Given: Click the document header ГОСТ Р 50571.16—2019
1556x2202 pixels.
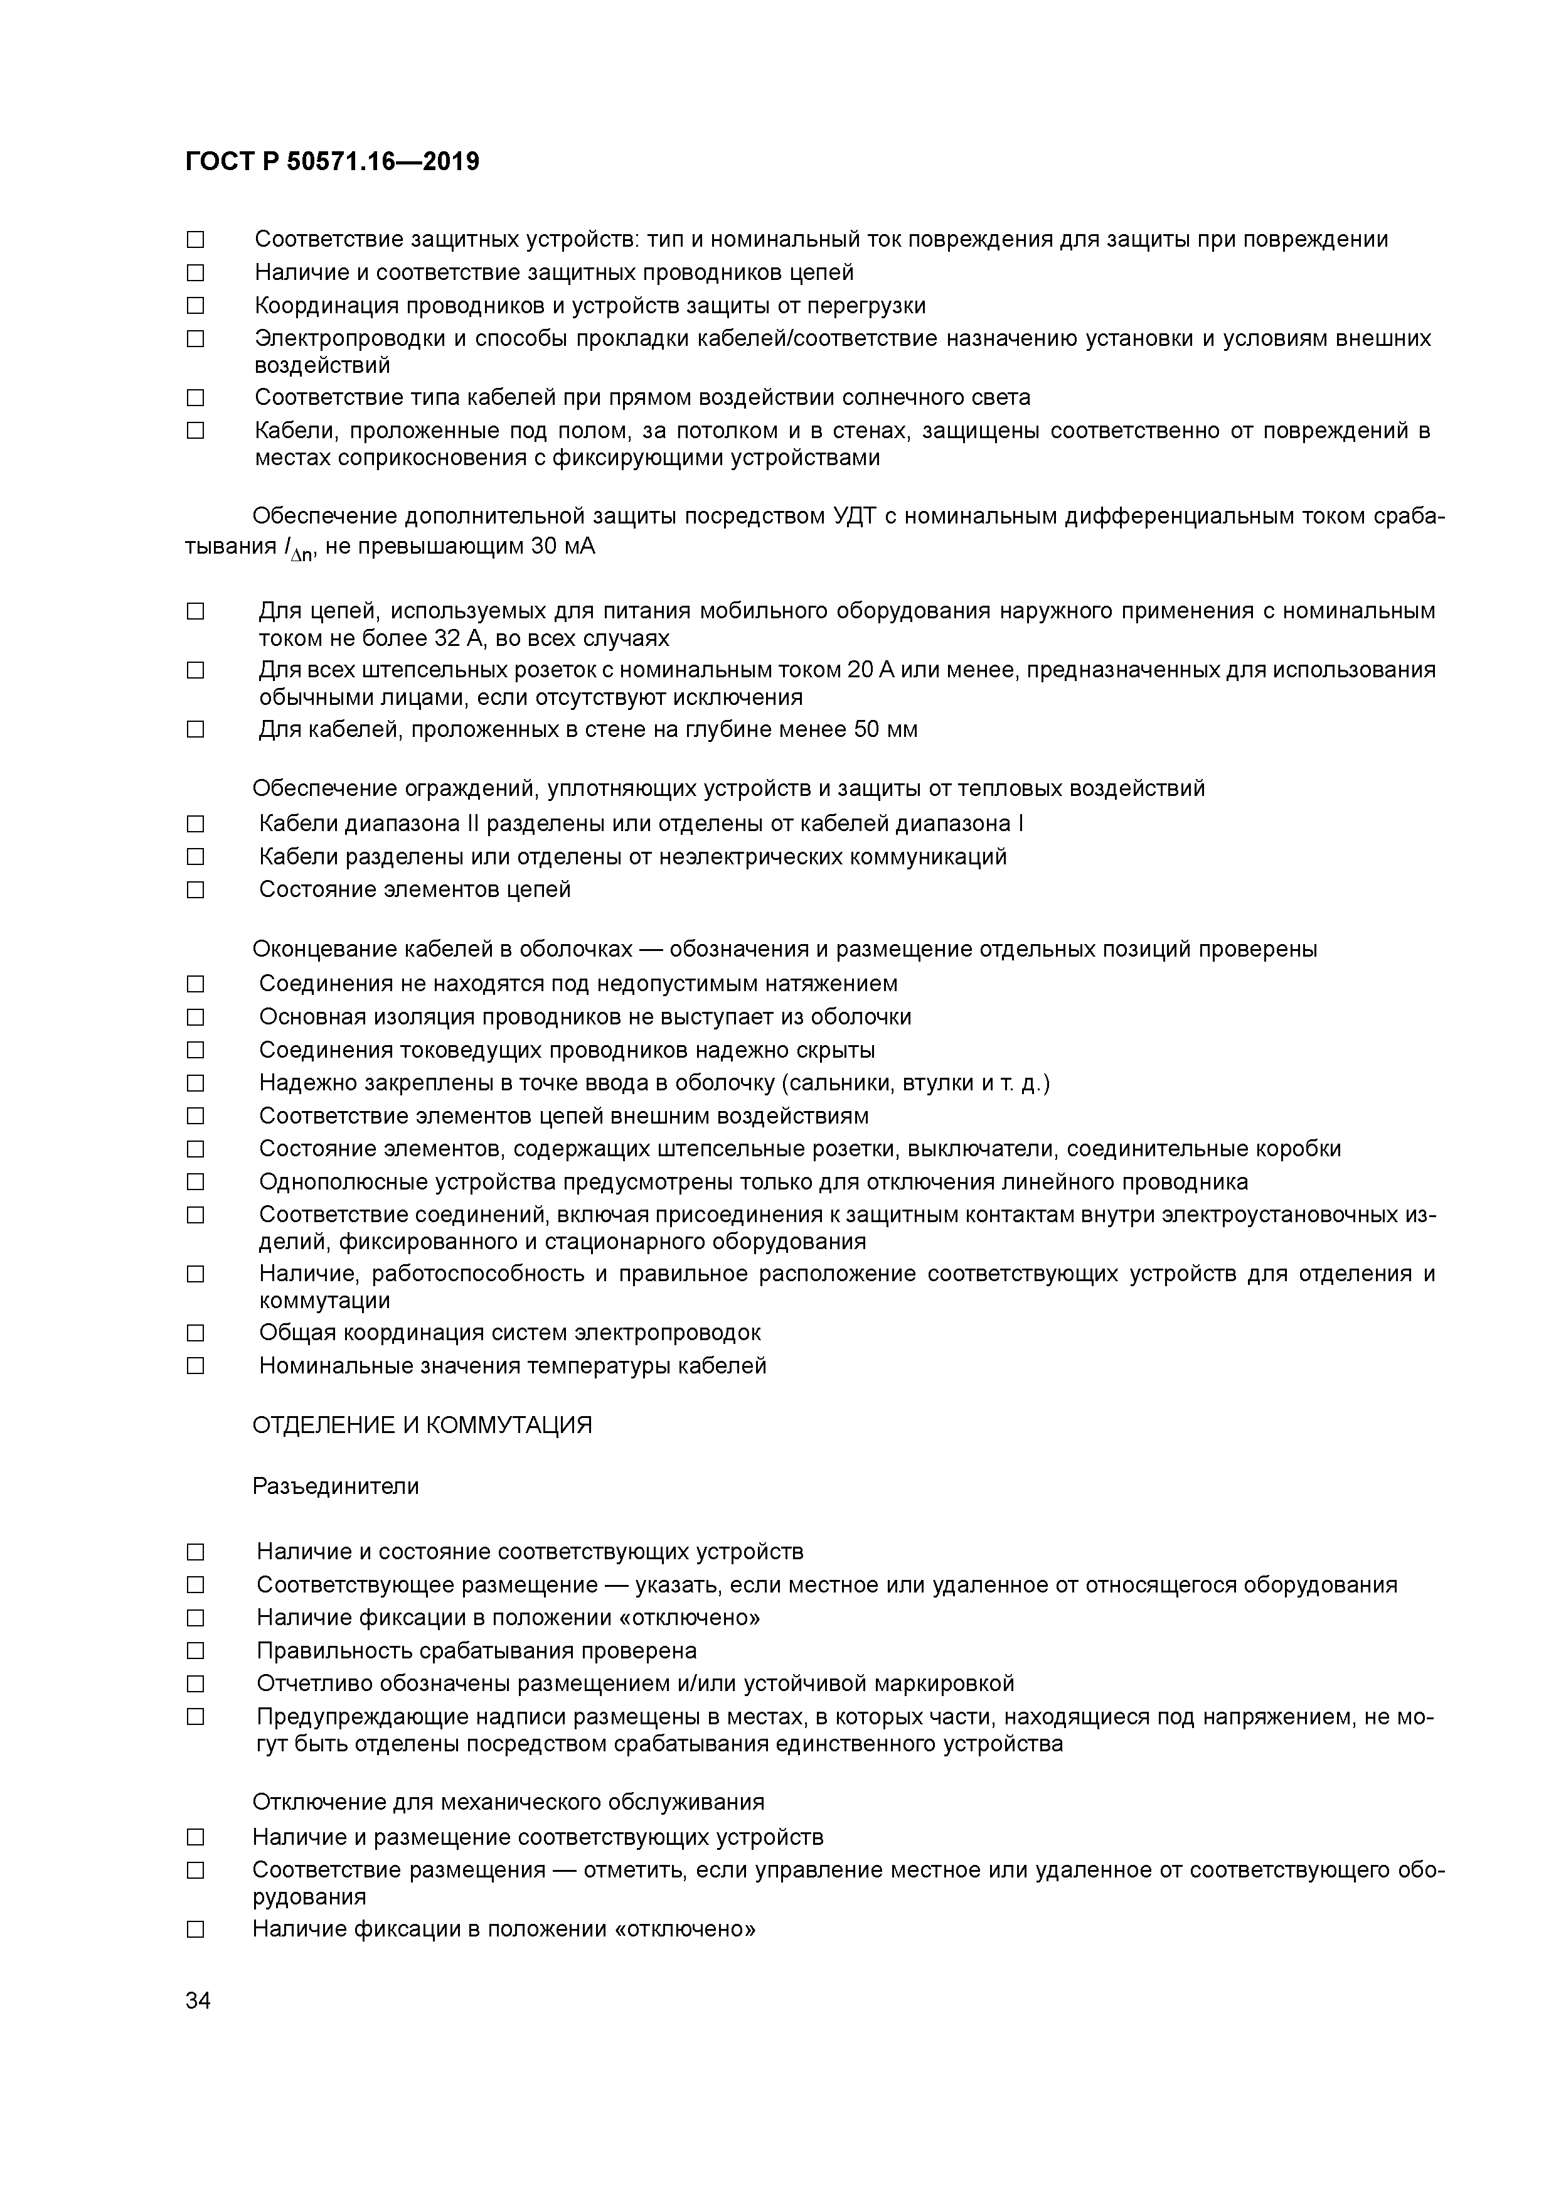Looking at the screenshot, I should tap(332, 162).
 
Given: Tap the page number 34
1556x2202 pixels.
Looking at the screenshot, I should tap(198, 2001).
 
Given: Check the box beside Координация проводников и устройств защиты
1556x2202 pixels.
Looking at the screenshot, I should tap(196, 306).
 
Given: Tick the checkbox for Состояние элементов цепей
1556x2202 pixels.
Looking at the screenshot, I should tap(196, 890).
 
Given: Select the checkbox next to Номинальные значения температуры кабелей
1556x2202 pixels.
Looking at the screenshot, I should tap(196, 1366).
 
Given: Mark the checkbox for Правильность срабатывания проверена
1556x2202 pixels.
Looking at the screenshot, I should tap(196, 1650).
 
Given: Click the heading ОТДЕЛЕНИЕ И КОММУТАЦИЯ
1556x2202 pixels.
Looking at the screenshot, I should tap(422, 1425).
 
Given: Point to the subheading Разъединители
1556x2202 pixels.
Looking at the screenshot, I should tap(336, 1486).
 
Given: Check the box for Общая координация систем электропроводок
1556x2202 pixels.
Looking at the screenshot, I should tap(196, 1333).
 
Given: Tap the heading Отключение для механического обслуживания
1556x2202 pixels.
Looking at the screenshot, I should tap(508, 1802).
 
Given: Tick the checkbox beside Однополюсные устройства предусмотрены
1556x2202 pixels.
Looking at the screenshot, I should tap(196, 1181).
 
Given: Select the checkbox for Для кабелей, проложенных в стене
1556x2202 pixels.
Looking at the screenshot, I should tap(196, 730).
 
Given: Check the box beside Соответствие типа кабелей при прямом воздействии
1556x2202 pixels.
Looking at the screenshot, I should tap(196, 397).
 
